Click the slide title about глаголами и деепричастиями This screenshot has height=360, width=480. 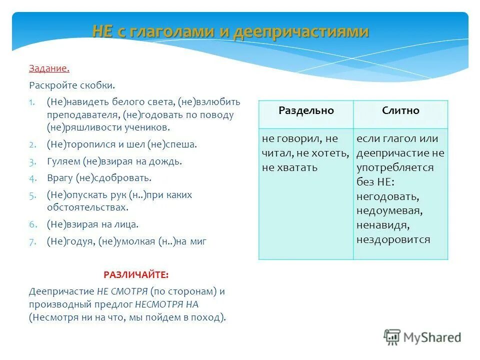(230, 31)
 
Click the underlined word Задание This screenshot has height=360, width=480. (49, 68)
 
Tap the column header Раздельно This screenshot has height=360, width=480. (305, 111)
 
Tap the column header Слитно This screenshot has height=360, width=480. (400, 111)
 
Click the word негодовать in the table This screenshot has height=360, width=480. (387, 196)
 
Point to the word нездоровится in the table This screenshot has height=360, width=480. (393, 239)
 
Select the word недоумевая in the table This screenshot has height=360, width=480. (390, 211)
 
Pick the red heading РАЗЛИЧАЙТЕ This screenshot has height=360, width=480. (136, 274)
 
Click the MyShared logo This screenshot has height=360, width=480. (422, 337)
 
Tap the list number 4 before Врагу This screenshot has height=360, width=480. (31, 178)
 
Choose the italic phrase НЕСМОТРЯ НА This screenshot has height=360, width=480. (167, 304)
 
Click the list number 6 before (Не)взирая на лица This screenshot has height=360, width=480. (31, 225)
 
